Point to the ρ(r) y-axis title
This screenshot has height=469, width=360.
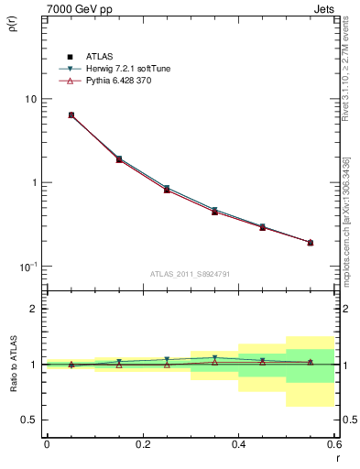[x=13, y=26]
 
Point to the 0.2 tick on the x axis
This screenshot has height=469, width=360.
[x=142, y=444]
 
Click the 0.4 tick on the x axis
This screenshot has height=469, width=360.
[x=238, y=444]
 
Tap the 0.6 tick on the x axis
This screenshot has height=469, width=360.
[x=333, y=444]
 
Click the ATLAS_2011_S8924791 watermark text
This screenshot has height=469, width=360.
[x=191, y=274]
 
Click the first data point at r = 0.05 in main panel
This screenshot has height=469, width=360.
[x=71, y=115]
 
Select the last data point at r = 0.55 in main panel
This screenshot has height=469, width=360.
[x=311, y=243]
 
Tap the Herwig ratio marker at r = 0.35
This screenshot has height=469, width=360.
[x=214, y=358]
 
